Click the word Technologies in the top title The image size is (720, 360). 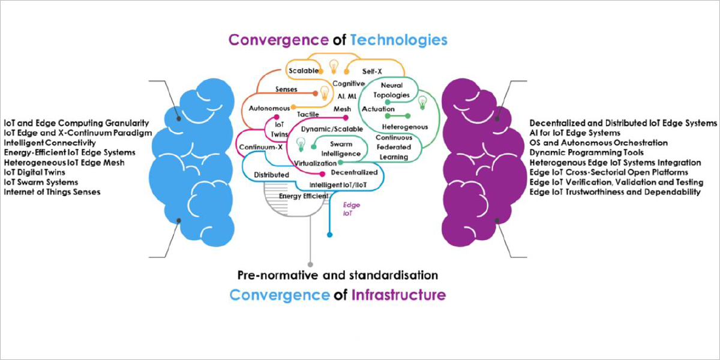399,40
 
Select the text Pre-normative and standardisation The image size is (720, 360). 337,276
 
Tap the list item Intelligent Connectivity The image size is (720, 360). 50,143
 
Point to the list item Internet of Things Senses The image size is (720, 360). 52,192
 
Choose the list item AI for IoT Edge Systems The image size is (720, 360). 575,133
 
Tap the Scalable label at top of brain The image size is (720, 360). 303,71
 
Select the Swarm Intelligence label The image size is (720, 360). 344,148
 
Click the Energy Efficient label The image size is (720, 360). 304,196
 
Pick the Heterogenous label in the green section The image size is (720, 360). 405,127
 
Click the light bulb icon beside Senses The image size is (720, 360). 325,93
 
